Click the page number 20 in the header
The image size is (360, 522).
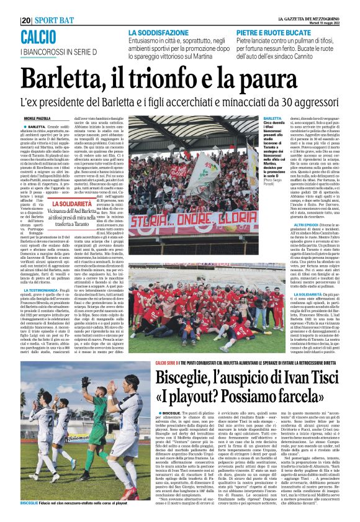[x=25, y=19]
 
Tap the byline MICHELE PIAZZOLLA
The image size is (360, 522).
[x=35, y=118]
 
